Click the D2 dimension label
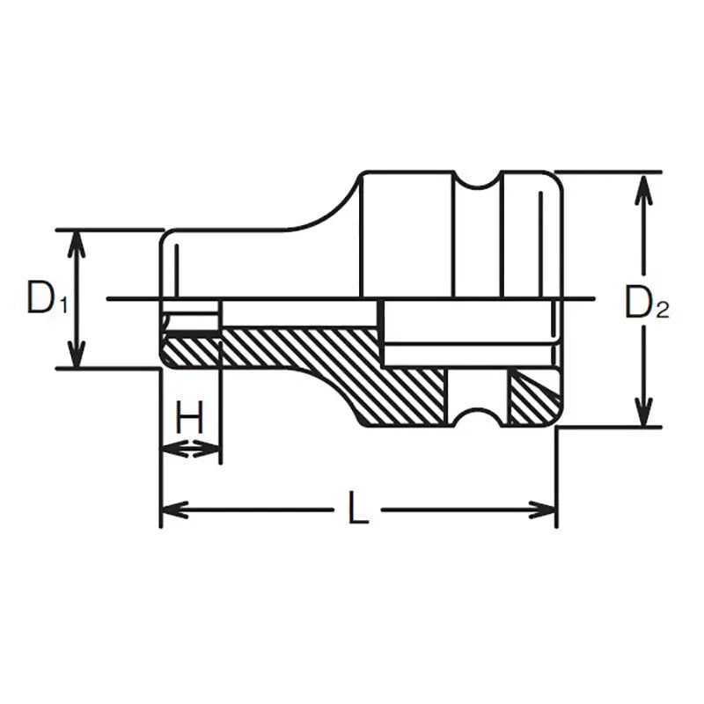(x=647, y=304)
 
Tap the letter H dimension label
(x=189, y=417)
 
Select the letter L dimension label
(x=357, y=508)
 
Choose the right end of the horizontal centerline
(x=595, y=299)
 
